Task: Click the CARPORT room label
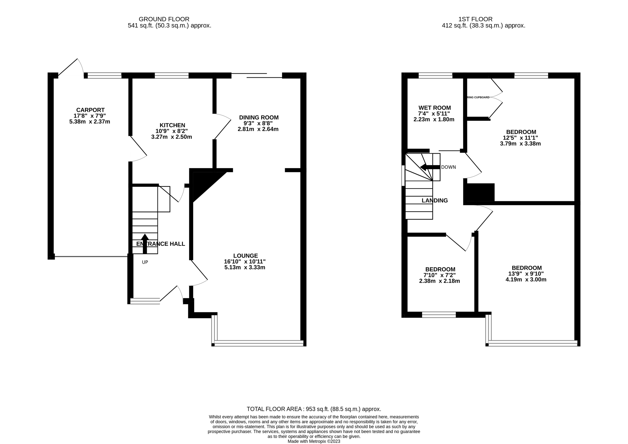point(90,110)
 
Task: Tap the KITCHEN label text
point(172,125)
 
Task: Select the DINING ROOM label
point(259,117)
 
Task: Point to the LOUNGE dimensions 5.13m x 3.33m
point(245,267)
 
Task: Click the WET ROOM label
point(434,108)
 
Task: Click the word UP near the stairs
point(145,262)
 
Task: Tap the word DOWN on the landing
point(448,167)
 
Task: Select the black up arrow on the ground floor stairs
point(145,243)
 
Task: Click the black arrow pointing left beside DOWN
point(429,167)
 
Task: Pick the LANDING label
point(434,200)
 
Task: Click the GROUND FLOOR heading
point(164,19)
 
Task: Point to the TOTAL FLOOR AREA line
point(314,409)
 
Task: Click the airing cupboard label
point(478,97)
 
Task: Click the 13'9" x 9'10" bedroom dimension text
point(526,274)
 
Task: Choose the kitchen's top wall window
point(172,76)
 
